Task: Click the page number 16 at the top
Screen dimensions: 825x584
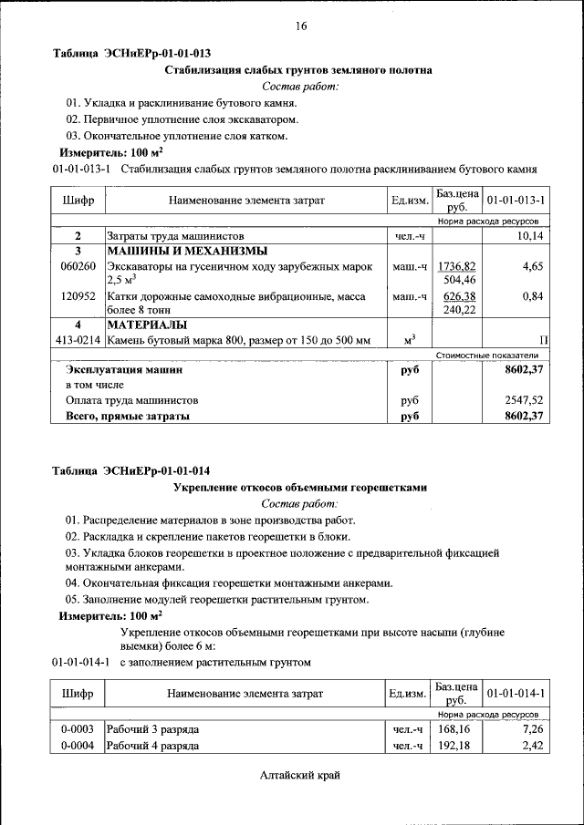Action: tap(301, 26)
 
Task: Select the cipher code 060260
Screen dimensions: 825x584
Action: tap(78, 266)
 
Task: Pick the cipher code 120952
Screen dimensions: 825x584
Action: tap(78, 296)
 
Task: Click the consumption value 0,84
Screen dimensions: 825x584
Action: tap(533, 296)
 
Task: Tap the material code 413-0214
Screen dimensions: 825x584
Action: tap(78, 340)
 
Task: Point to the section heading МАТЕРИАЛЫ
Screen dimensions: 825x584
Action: tap(147, 325)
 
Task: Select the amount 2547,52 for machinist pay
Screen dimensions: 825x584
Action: tap(524, 400)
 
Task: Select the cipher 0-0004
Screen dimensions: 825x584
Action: tap(78, 747)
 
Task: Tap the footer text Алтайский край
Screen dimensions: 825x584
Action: tap(300, 776)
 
